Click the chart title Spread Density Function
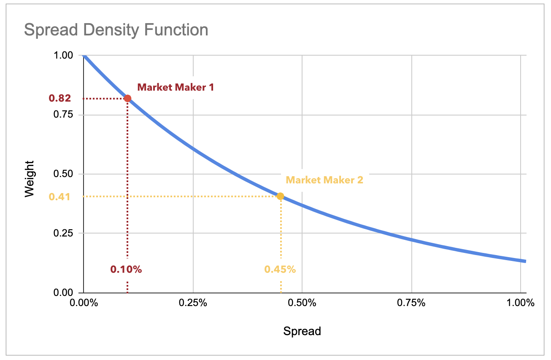pyautogui.click(x=116, y=30)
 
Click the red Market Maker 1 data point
pyautogui.click(x=127, y=99)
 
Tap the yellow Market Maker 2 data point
pyautogui.click(x=280, y=196)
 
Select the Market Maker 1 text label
pyautogui.click(x=176, y=87)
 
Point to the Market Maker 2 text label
pyautogui.click(x=324, y=180)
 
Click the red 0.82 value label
pyautogui.click(x=60, y=99)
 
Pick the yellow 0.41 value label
pyautogui.click(x=59, y=196)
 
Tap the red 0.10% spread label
pyautogui.click(x=126, y=269)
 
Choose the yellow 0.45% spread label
pyautogui.click(x=280, y=269)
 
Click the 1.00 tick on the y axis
pyautogui.click(x=64, y=56)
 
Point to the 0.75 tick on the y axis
pyautogui.click(x=64, y=115)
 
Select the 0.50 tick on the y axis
pyautogui.click(x=64, y=174)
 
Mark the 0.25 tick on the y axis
pyautogui.click(x=64, y=233)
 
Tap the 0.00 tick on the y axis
pyautogui.click(x=64, y=293)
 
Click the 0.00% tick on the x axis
pyautogui.click(x=84, y=303)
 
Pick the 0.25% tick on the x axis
pyautogui.click(x=193, y=303)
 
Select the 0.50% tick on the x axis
pyautogui.click(x=302, y=303)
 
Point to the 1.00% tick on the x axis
pyautogui.click(x=521, y=303)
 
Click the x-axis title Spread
pyautogui.click(x=302, y=331)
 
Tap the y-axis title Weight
pyautogui.click(x=30, y=178)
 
